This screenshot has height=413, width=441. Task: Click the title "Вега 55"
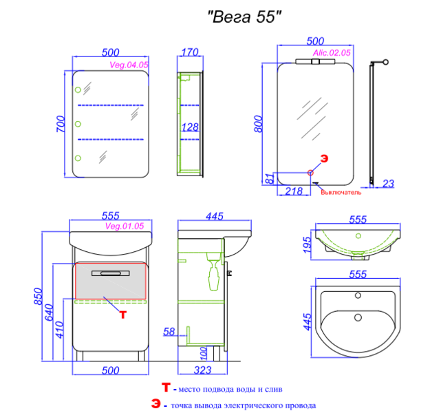click(x=244, y=17)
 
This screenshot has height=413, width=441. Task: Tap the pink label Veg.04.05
click(x=129, y=65)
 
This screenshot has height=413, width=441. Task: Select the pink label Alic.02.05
click(x=332, y=52)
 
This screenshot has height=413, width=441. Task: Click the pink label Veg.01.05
click(x=125, y=226)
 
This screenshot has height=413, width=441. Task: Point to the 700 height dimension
click(x=61, y=124)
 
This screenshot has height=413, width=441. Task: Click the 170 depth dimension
click(x=190, y=52)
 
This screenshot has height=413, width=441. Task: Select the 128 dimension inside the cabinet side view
click(x=190, y=127)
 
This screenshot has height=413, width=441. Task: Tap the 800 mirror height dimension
click(x=258, y=124)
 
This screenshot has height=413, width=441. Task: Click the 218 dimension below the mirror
click(x=294, y=191)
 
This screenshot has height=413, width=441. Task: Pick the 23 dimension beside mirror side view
click(x=389, y=184)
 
